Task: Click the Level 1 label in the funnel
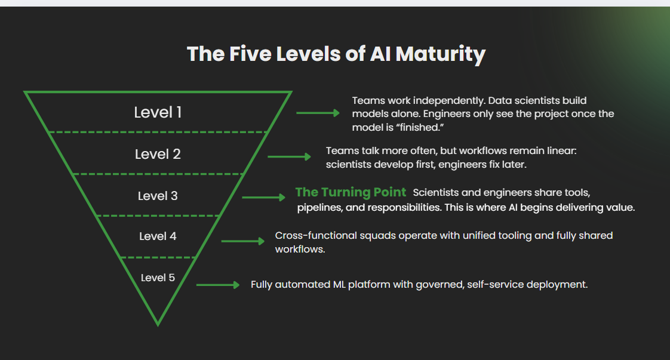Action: pos(158,112)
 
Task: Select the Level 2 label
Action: pos(158,154)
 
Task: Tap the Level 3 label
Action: pos(158,196)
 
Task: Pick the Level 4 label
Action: pos(158,236)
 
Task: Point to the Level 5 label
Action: pos(158,278)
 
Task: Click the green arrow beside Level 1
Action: pos(318,113)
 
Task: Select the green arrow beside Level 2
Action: pos(289,156)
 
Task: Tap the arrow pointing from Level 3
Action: pos(264,197)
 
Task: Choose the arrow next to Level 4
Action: pos(242,241)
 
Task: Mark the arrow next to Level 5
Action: pos(217,285)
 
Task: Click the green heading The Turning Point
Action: pos(351,192)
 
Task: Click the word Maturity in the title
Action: pos(440,54)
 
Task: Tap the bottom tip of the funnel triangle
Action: pos(158,323)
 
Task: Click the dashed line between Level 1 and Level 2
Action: pos(158,131)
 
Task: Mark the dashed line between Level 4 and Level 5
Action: pos(158,257)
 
